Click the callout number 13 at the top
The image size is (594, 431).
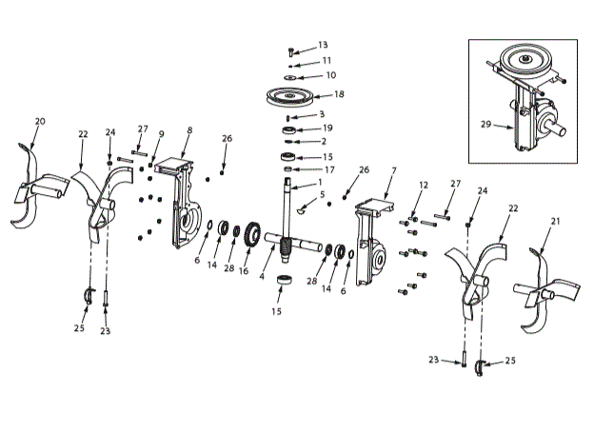pyautogui.click(x=323, y=45)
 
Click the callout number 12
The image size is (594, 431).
pyautogui.click(x=424, y=185)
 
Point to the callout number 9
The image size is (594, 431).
pyautogui.click(x=161, y=133)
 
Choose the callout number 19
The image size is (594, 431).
pyautogui.click(x=327, y=127)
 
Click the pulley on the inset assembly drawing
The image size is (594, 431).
pyautogui.click(x=526, y=63)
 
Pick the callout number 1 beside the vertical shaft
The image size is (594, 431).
pyautogui.click(x=320, y=183)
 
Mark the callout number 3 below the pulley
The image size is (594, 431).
pyautogui.click(x=322, y=114)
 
